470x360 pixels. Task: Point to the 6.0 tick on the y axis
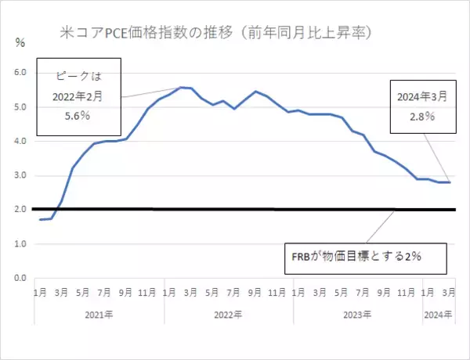(20, 73)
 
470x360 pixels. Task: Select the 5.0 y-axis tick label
(20, 107)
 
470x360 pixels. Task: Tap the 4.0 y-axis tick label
(20, 142)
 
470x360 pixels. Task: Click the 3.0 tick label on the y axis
(20, 176)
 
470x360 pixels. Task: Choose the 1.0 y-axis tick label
(20, 244)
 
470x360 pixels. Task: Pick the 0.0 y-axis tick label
(20, 279)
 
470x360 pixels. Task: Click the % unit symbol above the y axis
(20, 43)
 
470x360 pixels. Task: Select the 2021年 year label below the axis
(99, 315)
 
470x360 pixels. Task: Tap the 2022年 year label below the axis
(229, 315)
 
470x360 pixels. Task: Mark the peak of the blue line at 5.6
(181, 87)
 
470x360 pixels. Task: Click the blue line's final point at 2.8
(449, 182)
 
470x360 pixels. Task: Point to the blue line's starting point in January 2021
(40, 220)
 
